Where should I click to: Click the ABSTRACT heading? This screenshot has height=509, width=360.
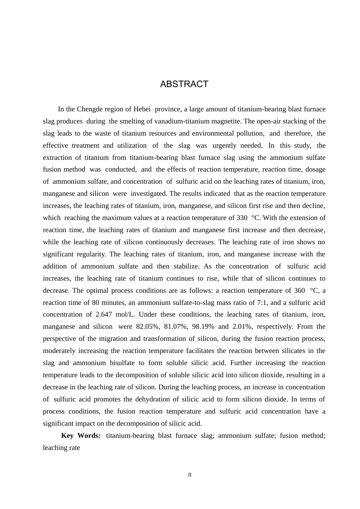pos(184,84)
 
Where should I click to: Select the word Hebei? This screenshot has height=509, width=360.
pos(142,109)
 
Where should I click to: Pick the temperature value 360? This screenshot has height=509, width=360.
pos(299,290)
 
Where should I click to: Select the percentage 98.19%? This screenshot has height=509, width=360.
pos(204,326)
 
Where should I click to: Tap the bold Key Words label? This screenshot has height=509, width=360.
pos(81,436)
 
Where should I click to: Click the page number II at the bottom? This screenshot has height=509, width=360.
pos(190,475)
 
